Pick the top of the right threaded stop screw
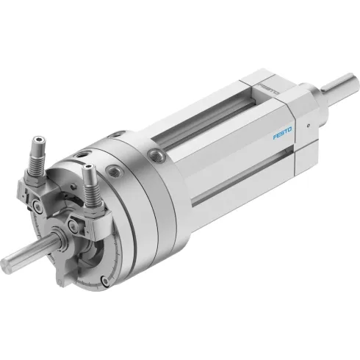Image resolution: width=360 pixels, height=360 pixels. coord(88,170)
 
